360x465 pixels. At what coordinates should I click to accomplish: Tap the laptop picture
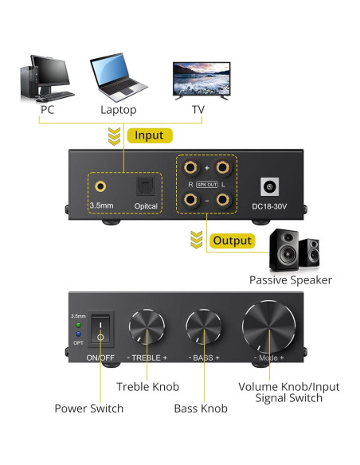coord(118,76)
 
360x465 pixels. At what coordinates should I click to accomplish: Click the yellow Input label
coord(148,135)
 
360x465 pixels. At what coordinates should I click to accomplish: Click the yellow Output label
coord(232,240)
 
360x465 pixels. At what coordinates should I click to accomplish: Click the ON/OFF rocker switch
coord(100,329)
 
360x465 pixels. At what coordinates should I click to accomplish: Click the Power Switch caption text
coord(88,408)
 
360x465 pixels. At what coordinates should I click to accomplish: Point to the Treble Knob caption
coord(149,387)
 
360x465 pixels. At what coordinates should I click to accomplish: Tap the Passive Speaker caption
coord(290,280)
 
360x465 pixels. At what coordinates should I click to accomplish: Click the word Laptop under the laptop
coord(118,110)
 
